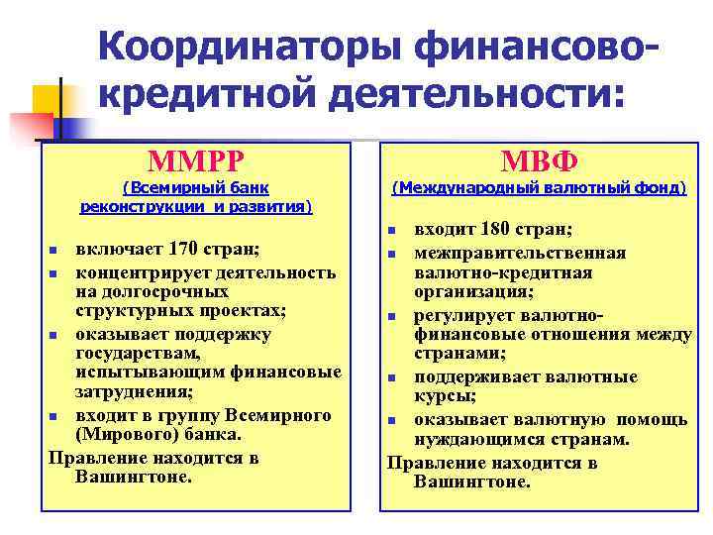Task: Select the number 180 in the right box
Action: (509, 230)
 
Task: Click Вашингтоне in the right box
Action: (472, 482)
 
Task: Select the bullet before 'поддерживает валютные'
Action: (392, 378)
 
